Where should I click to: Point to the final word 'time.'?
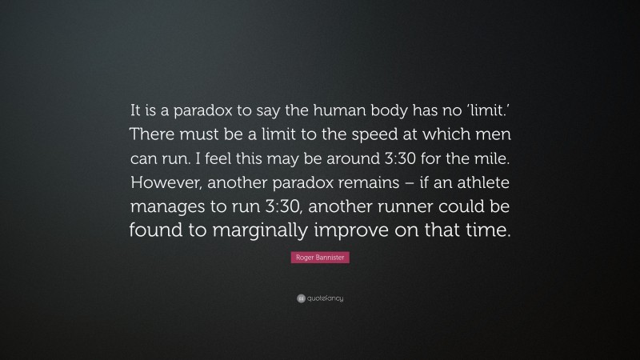click(483, 231)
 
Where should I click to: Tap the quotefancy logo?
click(319, 298)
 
